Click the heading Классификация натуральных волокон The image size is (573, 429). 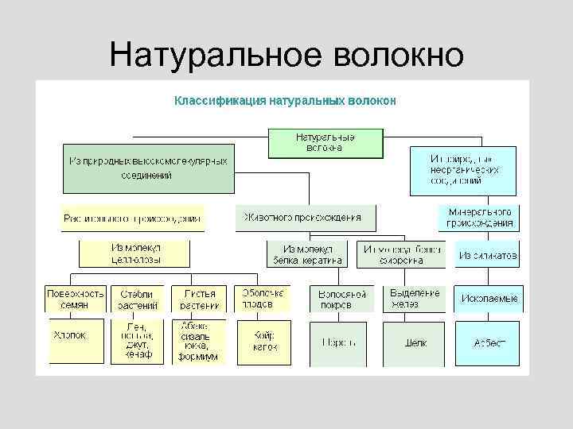tap(285, 101)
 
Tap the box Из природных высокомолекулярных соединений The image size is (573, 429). tap(149, 168)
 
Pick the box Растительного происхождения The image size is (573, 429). tap(132, 218)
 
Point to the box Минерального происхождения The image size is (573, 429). tap(479, 218)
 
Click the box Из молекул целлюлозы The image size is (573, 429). tap(134, 253)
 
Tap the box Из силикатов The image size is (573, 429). tap(487, 255)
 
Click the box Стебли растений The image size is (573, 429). tap(137, 299)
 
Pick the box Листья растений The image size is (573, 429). tap(199, 299)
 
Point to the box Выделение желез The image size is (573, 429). tap(414, 299)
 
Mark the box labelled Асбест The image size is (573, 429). tap(489, 342)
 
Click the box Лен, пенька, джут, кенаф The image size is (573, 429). tap(137, 341)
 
